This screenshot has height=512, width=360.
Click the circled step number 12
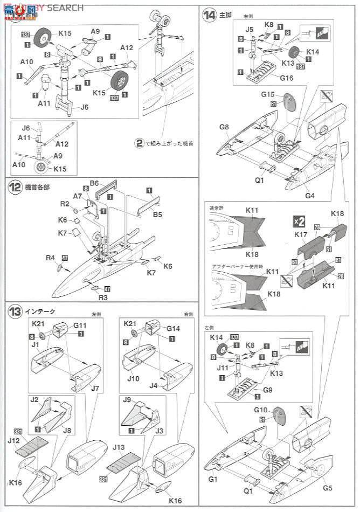[15, 188]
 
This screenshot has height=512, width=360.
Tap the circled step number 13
[15, 311]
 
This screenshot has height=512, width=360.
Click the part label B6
[95, 183]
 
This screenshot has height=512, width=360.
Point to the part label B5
[157, 214]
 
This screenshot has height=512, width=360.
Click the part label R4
[51, 258]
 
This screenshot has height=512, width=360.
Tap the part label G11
[80, 325]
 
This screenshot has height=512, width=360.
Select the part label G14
[173, 328]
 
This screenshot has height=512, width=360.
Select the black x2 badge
[299, 220]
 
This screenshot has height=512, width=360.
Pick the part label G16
[286, 78]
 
